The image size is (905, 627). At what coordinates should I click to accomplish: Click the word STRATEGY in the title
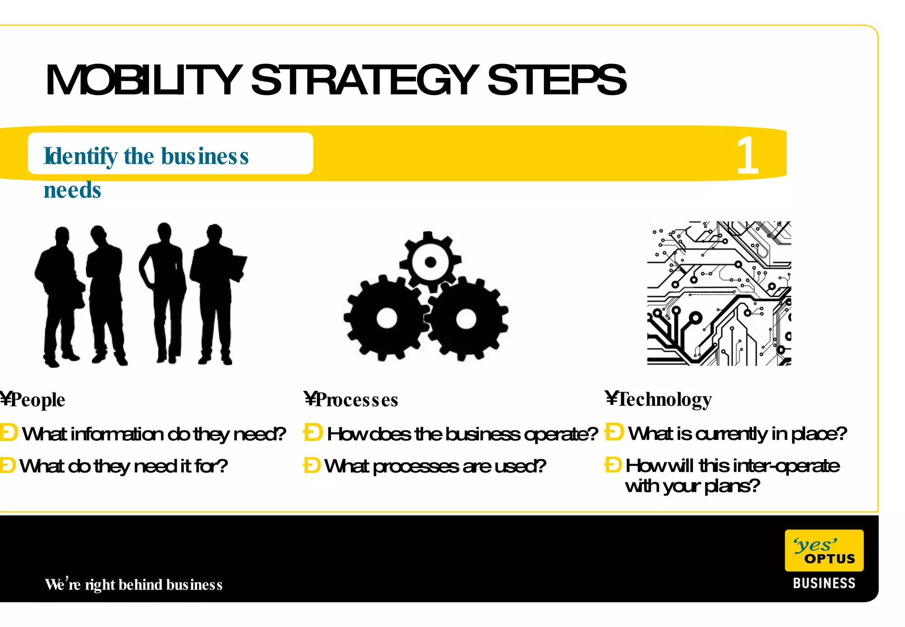(x=365, y=80)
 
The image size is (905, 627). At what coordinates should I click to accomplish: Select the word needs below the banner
(x=72, y=190)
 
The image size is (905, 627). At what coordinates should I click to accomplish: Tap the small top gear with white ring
(x=430, y=262)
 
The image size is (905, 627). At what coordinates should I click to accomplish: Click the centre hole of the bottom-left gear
(x=387, y=318)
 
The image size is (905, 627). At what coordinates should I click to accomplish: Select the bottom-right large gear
(x=466, y=318)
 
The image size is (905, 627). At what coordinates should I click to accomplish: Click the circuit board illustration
(x=719, y=293)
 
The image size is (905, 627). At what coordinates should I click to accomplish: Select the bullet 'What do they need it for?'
(x=123, y=466)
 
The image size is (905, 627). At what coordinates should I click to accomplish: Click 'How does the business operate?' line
(x=462, y=434)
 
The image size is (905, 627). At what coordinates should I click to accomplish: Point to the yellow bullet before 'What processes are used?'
(x=312, y=465)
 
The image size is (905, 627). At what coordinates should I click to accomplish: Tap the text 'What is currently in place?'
(x=737, y=433)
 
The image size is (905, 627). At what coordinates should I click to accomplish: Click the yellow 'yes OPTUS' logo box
(x=824, y=551)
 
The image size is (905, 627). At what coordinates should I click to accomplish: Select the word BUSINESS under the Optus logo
(x=824, y=583)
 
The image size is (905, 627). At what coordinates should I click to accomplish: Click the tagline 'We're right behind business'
(x=133, y=585)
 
